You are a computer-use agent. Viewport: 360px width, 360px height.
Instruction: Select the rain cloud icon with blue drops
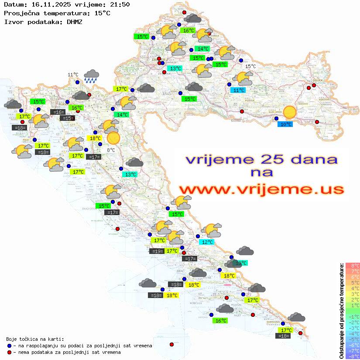pyautogui.click(x=91, y=76)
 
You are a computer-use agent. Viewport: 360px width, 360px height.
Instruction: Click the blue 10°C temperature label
pyautogui.click(x=286, y=124)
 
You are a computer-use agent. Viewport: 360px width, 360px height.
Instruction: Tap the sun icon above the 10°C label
pyautogui.click(x=289, y=112)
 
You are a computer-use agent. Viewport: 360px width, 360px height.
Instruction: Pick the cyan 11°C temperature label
pyautogui.click(x=238, y=90)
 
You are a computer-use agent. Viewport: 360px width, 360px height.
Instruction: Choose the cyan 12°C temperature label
pyautogui.click(x=206, y=242)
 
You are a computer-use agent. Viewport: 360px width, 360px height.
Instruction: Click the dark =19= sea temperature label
pyautogui.click(x=157, y=251)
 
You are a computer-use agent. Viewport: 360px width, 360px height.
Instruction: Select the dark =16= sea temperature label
pyautogui.click(x=58, y=112)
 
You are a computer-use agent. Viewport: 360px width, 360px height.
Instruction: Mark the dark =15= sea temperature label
pyautogui.click(x=68, y=118)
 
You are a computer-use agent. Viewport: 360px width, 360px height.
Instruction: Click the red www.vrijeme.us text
pyautogui.click(x=261, y=189)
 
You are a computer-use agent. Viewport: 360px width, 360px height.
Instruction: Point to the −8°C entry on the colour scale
pyautogui.click(x=352, y=356)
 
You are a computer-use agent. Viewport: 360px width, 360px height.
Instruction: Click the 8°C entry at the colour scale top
pyautogui.click(x=352, y=265)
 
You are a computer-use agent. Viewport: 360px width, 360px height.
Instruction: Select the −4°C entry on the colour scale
pyautogui.click(x=352, y=333)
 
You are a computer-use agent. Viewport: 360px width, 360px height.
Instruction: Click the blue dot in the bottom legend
pyautogui.click(x=10, y=346)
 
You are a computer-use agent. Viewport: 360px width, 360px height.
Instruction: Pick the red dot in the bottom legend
pyautogui.click(x=10, y=352)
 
